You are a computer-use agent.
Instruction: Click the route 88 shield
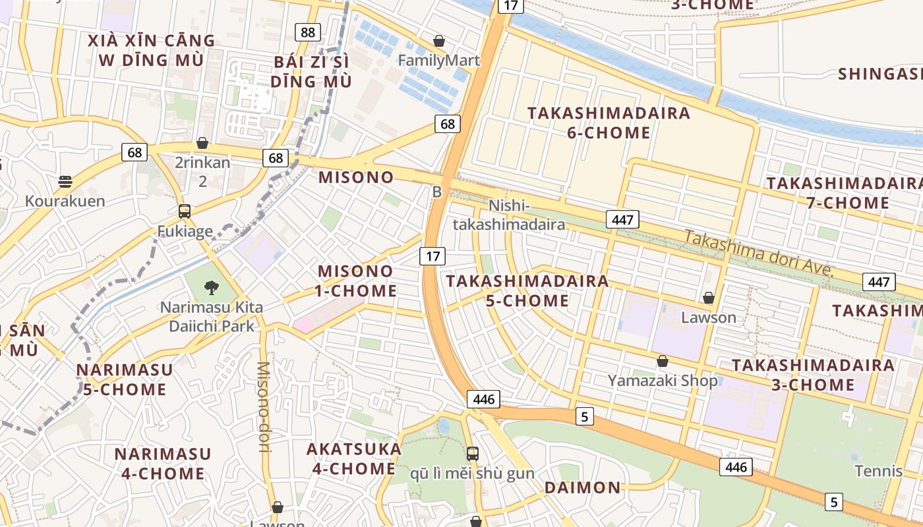point(308,32)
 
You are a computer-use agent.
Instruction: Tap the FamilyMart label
point(438,61)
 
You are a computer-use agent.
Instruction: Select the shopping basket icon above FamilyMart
point(439,42)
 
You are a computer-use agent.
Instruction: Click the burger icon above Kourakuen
point(65,181)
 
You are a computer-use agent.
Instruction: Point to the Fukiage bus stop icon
point(185,211)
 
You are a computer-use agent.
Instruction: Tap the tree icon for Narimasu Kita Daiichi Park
point(211,287)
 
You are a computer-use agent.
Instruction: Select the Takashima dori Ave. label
point(759,254)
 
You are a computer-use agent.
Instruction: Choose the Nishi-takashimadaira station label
point(508,215)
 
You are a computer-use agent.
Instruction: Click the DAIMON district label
point(582,487)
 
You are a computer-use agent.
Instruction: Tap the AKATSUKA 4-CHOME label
point(353,458)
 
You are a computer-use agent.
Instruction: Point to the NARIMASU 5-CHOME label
point(125,379)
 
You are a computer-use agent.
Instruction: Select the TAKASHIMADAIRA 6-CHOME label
point(609,123)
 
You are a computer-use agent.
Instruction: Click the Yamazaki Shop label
point(662,380)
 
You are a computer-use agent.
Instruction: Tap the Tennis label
point(878,471)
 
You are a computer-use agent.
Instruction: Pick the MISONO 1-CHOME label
point(357,281)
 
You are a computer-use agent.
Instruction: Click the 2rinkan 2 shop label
point(202,171)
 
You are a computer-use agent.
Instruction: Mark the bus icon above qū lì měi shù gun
point(472,453)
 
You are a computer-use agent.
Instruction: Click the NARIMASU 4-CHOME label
point(163,463)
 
